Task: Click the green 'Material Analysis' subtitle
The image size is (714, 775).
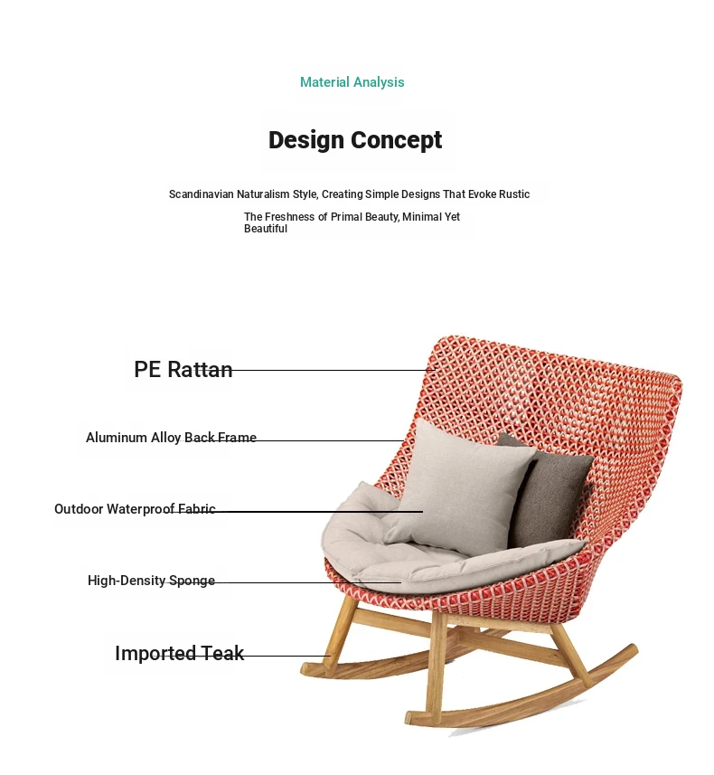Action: coord(352,82)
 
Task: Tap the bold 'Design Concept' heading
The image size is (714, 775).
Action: coord(355,140)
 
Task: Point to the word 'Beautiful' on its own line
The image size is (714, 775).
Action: coord(266,229)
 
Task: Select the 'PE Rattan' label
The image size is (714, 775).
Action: coord(183,369)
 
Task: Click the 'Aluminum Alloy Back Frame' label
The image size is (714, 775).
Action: coord(171,438)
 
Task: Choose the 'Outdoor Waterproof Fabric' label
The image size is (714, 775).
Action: coord(135,509)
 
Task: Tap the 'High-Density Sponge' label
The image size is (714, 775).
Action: coord(151,581)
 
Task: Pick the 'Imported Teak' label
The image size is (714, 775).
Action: coord(179,653)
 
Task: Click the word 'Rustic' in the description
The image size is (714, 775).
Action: coord(514,194)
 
